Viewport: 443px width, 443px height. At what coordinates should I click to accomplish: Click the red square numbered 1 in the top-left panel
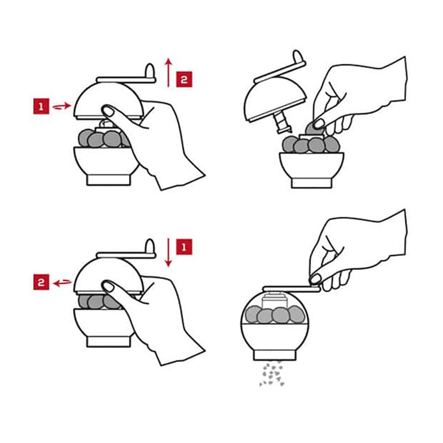[41, 106]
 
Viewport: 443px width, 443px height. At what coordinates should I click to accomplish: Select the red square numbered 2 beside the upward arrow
[184, 79]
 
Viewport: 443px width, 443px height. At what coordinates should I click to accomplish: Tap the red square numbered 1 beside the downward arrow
[184, 247]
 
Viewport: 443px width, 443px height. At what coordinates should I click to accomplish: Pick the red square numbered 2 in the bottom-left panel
[41, 282]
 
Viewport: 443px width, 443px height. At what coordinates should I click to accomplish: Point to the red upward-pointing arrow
[168, 73]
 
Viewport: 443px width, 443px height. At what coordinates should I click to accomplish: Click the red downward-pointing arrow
[168, 253]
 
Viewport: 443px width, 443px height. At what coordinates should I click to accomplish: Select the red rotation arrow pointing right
[62, 106]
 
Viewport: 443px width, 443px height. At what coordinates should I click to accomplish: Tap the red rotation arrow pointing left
[62, 282]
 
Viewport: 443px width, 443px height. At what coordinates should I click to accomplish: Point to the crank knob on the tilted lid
[298, 57]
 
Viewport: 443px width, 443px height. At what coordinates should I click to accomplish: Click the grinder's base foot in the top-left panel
[109, 179]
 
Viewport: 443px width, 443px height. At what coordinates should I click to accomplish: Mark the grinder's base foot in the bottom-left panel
[109, 341]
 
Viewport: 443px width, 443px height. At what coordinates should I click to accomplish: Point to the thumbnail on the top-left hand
[107, 111]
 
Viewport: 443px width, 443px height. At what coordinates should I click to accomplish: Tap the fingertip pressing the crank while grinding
[315, 280]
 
